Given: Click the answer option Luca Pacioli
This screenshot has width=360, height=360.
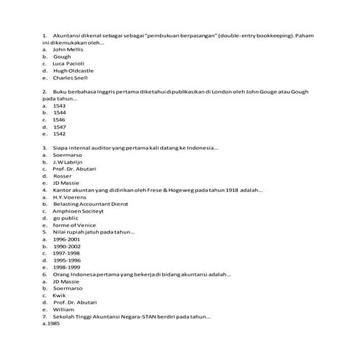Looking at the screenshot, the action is point(68,63).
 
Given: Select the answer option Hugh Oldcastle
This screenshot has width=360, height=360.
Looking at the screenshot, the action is point(71,71).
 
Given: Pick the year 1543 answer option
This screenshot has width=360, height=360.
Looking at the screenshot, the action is point(60,105).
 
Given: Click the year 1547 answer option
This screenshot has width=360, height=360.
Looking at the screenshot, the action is point(60,127).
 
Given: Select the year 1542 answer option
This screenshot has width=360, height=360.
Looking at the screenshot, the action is point(60,134).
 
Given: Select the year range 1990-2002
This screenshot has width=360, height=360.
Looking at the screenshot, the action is point(66,246).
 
